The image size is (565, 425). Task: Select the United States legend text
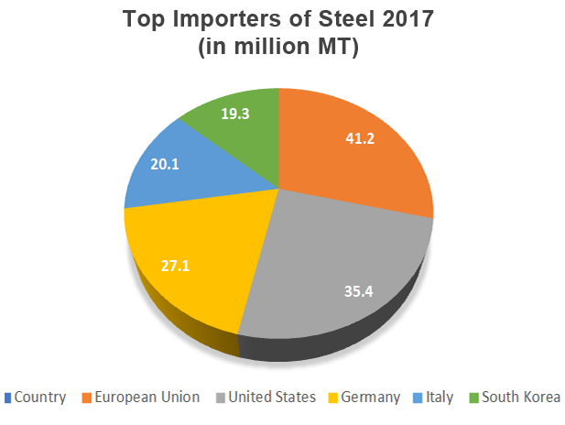pos(273,397)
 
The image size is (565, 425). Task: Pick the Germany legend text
pos(371,397)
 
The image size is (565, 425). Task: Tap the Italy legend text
pos(441,397)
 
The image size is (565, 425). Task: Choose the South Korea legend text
pos(522,397)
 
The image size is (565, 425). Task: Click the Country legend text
pos(40,397)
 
